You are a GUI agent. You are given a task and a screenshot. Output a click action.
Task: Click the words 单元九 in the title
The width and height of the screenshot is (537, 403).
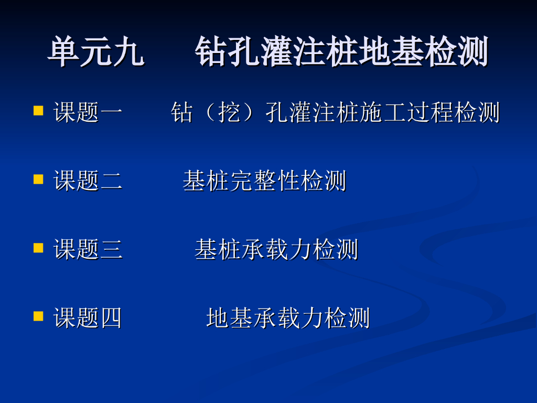96,52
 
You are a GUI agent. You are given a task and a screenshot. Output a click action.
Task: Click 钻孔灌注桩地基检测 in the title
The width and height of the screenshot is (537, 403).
341,52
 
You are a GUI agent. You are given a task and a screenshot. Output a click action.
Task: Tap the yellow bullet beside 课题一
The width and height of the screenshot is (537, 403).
38,110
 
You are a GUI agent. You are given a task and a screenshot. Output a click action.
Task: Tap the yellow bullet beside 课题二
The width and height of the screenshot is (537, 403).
38,179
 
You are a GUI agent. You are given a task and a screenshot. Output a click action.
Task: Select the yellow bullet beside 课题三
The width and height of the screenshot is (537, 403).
38,248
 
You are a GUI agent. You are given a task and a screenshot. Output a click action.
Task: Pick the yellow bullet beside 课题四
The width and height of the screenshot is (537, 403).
38,316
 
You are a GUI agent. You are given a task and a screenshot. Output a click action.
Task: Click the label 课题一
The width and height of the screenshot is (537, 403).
88,112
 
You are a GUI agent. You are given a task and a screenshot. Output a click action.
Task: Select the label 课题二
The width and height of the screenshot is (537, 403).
88,181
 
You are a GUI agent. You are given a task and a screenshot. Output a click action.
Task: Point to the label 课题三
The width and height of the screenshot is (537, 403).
88,249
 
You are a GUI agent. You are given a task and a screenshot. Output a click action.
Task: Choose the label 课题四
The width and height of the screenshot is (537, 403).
88,317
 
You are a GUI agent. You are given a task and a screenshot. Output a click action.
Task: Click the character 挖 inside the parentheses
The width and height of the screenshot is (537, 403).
230,112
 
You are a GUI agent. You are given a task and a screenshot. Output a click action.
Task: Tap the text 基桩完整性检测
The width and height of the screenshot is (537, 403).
264,181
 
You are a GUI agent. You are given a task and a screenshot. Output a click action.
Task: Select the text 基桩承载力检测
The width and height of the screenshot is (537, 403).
276,249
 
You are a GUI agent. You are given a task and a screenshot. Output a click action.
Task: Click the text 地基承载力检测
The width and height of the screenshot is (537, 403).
288,317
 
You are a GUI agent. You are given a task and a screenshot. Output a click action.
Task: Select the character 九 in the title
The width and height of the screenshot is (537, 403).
128,52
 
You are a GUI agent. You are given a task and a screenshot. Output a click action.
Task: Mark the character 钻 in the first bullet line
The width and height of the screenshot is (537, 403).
182,112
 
